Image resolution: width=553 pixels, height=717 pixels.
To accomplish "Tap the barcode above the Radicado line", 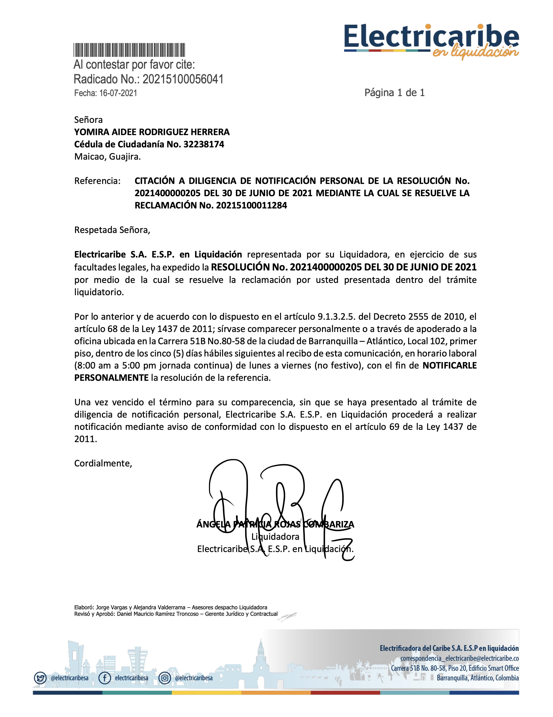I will pos(129,50).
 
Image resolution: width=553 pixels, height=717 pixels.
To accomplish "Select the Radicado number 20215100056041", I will pos(183,79).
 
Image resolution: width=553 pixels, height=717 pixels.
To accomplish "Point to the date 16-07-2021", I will pos(118,93).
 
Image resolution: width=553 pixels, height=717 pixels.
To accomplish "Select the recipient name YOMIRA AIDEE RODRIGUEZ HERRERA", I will pos(152,132).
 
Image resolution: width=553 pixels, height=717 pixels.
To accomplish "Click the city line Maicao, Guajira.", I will pos(107,157).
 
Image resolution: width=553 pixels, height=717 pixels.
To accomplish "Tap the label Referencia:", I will pos(97,181).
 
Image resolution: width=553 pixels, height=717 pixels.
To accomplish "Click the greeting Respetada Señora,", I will pos(112,230).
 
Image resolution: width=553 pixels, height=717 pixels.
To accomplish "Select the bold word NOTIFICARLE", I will pos(449,365).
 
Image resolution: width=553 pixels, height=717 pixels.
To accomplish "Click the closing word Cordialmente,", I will pos(103,463).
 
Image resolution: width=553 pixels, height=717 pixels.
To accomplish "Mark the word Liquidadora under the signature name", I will pos(275,537).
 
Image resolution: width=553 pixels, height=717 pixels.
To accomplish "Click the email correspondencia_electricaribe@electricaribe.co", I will pos(459,658).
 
